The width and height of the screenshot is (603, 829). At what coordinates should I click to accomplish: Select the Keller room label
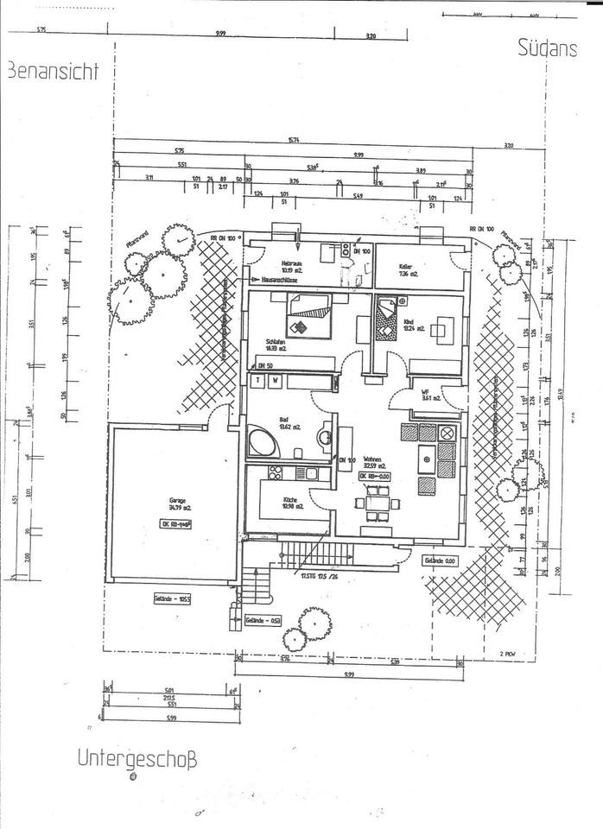[x=408, y=266]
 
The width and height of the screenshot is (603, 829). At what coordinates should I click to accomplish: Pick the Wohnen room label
[x=373, y=461]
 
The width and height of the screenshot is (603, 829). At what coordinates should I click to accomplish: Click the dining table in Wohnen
[x=377, y=502]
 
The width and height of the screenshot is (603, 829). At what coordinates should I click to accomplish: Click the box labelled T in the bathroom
[x=257, y=380]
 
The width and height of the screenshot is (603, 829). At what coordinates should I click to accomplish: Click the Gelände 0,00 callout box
[x=440, y=560]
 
